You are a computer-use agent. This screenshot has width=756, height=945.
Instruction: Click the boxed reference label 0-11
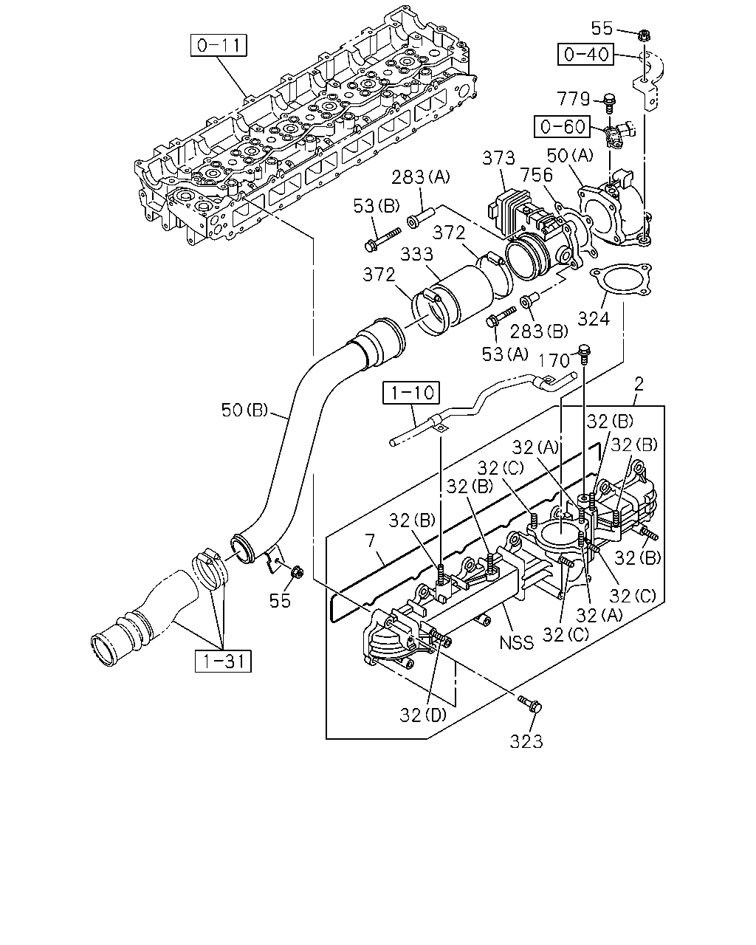coord(219,45)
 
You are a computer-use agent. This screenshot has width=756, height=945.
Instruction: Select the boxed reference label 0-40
coord(585,55)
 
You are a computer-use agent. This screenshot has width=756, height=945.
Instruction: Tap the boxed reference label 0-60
coord(563,126)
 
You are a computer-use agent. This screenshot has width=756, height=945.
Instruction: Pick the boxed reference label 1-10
coord(411,392)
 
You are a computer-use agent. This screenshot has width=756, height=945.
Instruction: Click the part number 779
coord(573,99)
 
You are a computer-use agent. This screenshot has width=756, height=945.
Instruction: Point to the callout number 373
coord(498,158)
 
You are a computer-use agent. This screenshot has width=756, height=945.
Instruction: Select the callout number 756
coord(537,175)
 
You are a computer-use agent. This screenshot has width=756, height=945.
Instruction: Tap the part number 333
coord(417,254)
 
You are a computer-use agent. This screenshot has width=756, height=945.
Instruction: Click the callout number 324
coord(594,319)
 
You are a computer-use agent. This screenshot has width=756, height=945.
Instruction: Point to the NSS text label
coord(517,643)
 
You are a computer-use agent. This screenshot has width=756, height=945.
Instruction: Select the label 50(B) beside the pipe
coord(244,410)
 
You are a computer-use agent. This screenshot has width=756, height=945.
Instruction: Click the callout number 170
coord(554,360)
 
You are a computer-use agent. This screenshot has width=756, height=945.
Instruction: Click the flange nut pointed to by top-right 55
coord(645,34)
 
